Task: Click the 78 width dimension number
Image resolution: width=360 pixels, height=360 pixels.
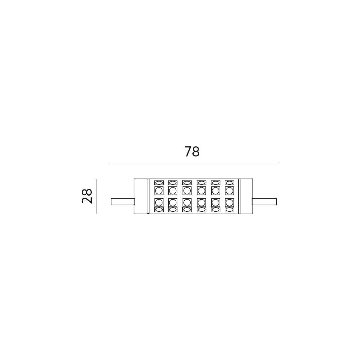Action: pyautogui.click(x=192, y=152)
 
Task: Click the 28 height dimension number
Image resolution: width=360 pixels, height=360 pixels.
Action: pyautogui.click(x=87, y=196)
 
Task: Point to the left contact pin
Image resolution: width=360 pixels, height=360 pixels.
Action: pyautogui.click(x=123, y=202)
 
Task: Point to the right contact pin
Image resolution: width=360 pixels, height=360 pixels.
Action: pyautogui.click(x=264, y=202)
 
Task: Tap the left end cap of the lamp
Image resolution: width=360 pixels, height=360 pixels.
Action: pyautogui.click(x=140, y=196)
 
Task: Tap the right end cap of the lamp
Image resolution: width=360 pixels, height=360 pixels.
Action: pyautogui.click(x=246, y=196)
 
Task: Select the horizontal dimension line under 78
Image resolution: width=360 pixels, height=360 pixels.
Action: pyautogui.click(x=194, y=163)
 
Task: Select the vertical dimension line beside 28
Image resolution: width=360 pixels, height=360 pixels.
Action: pyautogui.click(x=97, y=196)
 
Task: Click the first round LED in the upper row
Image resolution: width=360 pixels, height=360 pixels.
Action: pyautogui.click(x=159, y=190)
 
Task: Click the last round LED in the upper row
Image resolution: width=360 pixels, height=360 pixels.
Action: pyautogui.click(x=229, y=190)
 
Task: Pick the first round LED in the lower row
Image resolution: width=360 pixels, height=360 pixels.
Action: pyautogui.click(x=159, y=203)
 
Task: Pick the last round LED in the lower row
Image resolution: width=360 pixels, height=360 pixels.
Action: pyautogui.click(x=229, y=203)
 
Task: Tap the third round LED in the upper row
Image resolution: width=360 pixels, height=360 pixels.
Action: pyautogui.click(x=187, y=190)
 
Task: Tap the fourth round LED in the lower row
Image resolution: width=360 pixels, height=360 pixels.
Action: pyautogui.click(x=201, y=203)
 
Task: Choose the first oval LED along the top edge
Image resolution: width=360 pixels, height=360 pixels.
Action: pyautogui.click(x=159, y=183)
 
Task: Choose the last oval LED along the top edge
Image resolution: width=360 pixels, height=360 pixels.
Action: pyautogui.click(x=229, y=183)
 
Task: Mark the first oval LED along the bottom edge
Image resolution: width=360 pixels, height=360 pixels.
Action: pyautogui.click(x=159, y=209)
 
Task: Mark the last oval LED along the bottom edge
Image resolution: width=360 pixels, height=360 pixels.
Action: pyautogui.click(x=229, y=209)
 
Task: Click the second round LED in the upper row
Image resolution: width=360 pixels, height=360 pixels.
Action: pyautogui.click(x=173, y=190)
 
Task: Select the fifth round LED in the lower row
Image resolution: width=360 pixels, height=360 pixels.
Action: pyautogui.click(x=216, y=203)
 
